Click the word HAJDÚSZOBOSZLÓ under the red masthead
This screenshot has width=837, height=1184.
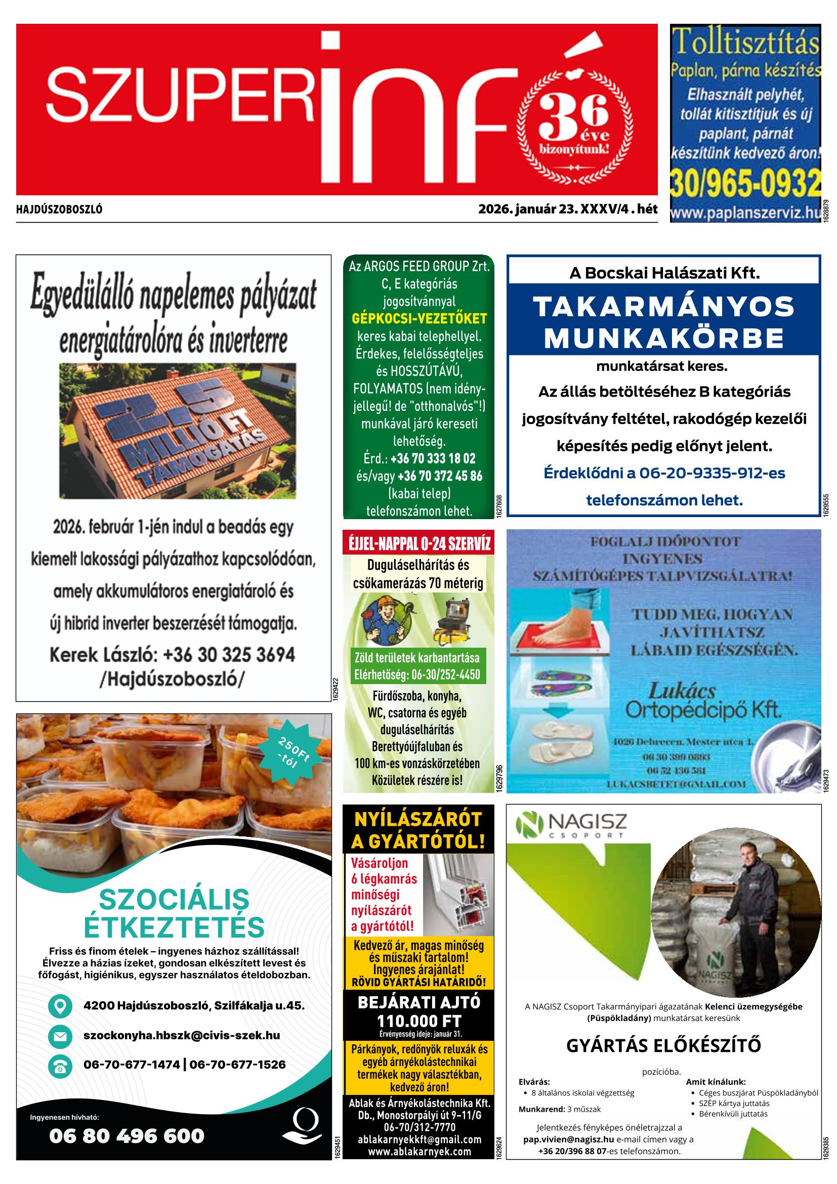pyautogui.click(x=59, y=210)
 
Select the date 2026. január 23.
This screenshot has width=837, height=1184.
pyautogui.click(x=527, y=209)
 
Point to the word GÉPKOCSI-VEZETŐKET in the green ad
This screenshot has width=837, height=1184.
pyautogui.click(x=419, y=319)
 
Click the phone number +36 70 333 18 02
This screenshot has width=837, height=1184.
pyautogui.click(x=433, y=458)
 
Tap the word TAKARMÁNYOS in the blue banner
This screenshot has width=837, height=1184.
pyautogui.click(x=663, y=307)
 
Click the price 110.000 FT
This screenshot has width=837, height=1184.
pyautogui.click(x=419, y=1021)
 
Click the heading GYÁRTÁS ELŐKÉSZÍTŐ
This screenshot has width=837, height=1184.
pyautogui.click(x=663, y=1046)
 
